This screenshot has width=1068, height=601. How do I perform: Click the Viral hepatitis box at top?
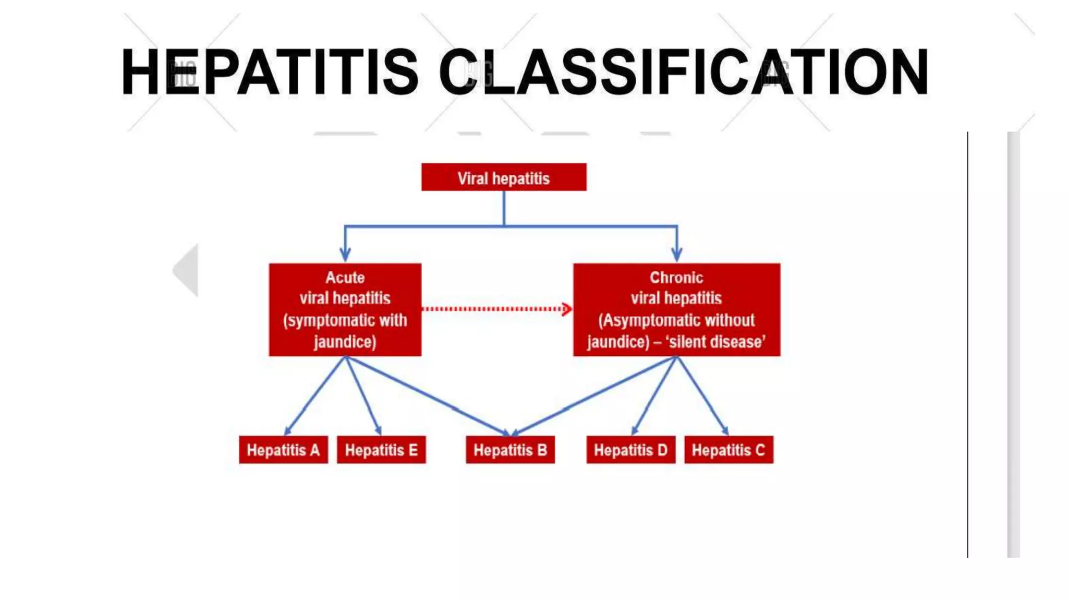click(x=503, y=177)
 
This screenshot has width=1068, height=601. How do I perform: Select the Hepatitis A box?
click(x=283, y=450)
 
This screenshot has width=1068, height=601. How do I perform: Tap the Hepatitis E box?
click(x=381, y=450)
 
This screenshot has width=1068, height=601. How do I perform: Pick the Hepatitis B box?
click(x=510, y=450)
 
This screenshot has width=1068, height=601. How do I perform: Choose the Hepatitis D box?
click(x=630, y=450)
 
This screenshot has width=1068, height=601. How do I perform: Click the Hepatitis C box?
click(x=729, y=450)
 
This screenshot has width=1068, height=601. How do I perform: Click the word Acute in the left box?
click(x=345, y=278)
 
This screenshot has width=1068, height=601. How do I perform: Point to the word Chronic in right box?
click(x=676, y=278)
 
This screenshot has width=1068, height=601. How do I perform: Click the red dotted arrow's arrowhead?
click(x=566, y=309)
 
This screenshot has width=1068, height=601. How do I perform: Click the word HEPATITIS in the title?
click(x=269, y=72)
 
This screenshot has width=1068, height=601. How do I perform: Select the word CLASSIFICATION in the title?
click(x=683, y=72)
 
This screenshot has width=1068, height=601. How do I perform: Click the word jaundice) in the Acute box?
click(x=345, y=342)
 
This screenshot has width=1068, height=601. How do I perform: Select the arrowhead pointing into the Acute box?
click(x=345, y=255)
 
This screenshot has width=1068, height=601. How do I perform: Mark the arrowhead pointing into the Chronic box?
click(x=676, y=255)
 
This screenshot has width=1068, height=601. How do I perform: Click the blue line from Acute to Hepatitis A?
click(x=315, y=395)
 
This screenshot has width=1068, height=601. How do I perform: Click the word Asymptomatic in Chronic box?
click(x=640, y=320)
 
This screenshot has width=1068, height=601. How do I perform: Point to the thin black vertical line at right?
click(x=967, y=344)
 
